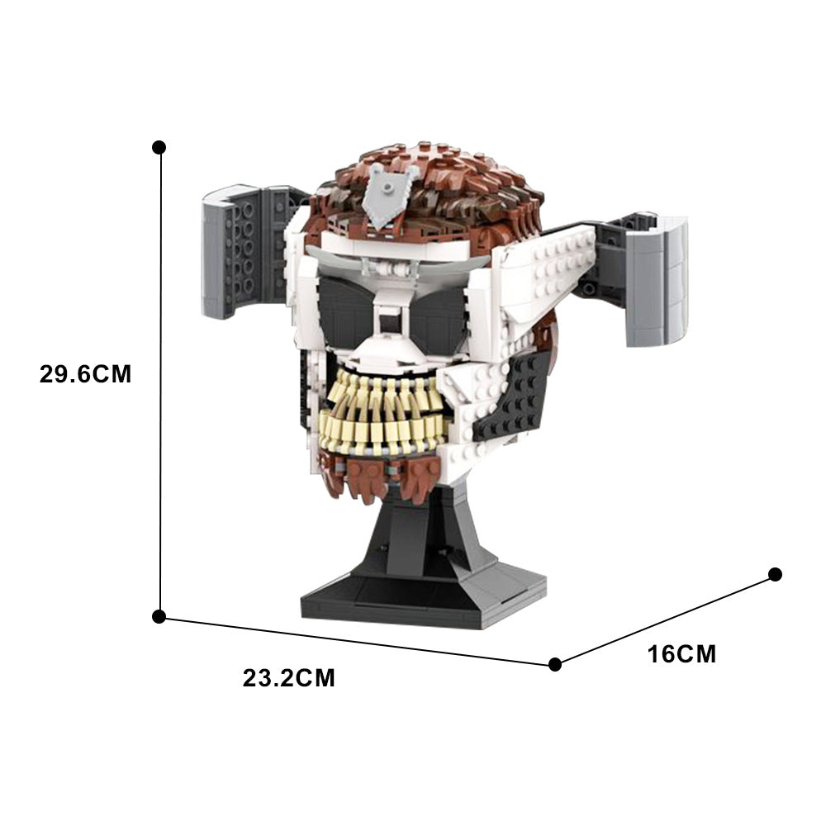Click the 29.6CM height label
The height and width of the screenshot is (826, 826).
point(85,374)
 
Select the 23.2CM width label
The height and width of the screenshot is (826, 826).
point(289,679)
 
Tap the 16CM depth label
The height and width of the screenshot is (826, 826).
point(681,654)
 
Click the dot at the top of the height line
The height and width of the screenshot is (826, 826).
point(159,147)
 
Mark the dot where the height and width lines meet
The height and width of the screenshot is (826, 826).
point(159,616)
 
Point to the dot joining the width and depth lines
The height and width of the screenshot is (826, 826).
point(555,663)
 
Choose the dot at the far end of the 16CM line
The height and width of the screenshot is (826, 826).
point(775,574)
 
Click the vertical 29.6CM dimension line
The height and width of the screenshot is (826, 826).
point(159,380)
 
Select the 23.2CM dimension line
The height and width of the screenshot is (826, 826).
point(355,640)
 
